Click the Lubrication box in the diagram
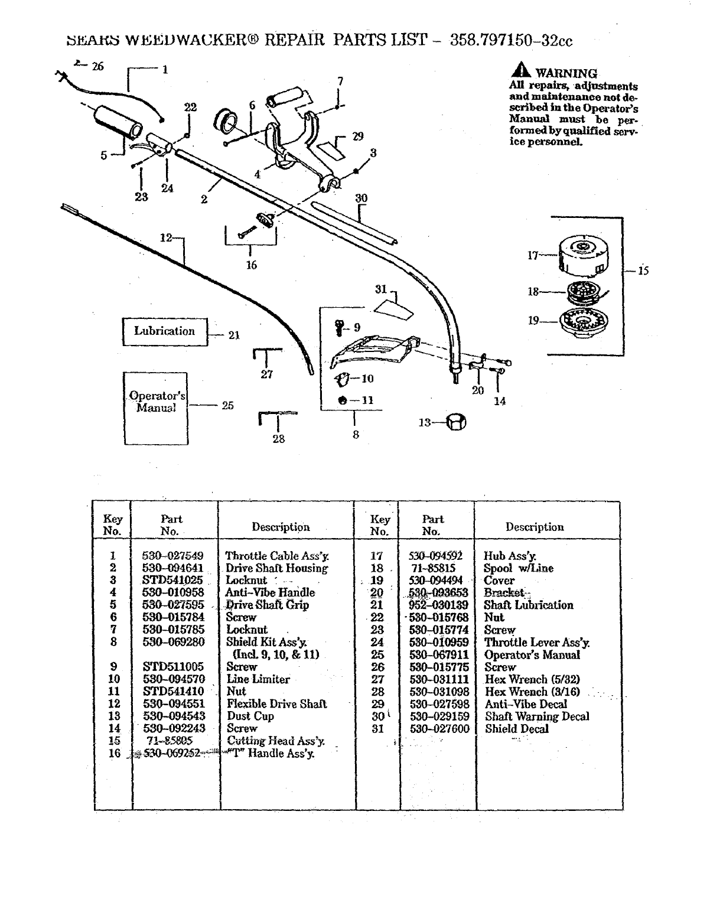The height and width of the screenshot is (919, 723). pos(165,331)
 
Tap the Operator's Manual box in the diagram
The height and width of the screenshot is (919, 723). pos(156,408)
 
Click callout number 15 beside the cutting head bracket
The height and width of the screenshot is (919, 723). pos(643,271)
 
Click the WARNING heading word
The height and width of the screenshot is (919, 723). pos(565,74)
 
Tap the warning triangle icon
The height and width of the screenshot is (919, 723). pos(522,71)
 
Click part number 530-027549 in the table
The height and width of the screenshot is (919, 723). pos(172,556)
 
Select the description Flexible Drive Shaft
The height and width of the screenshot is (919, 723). pos(276,704)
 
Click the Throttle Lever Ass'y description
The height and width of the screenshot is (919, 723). pos(536,643)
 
